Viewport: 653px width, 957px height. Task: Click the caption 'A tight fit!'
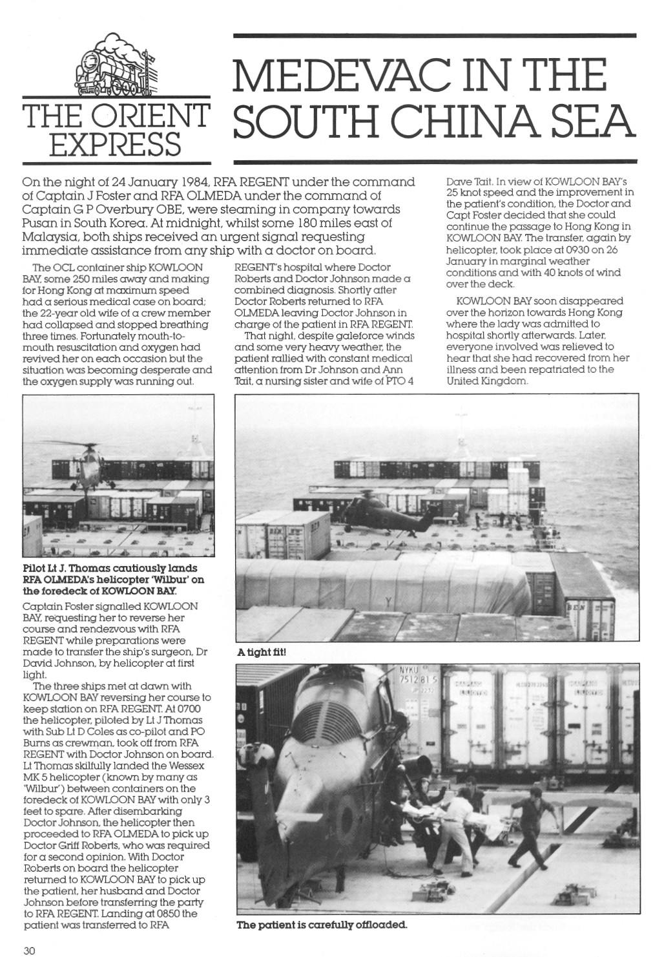coord(262,653)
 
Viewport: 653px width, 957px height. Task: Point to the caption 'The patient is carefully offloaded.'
coord(322,925)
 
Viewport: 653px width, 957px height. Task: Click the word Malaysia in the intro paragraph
coord(48,237)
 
